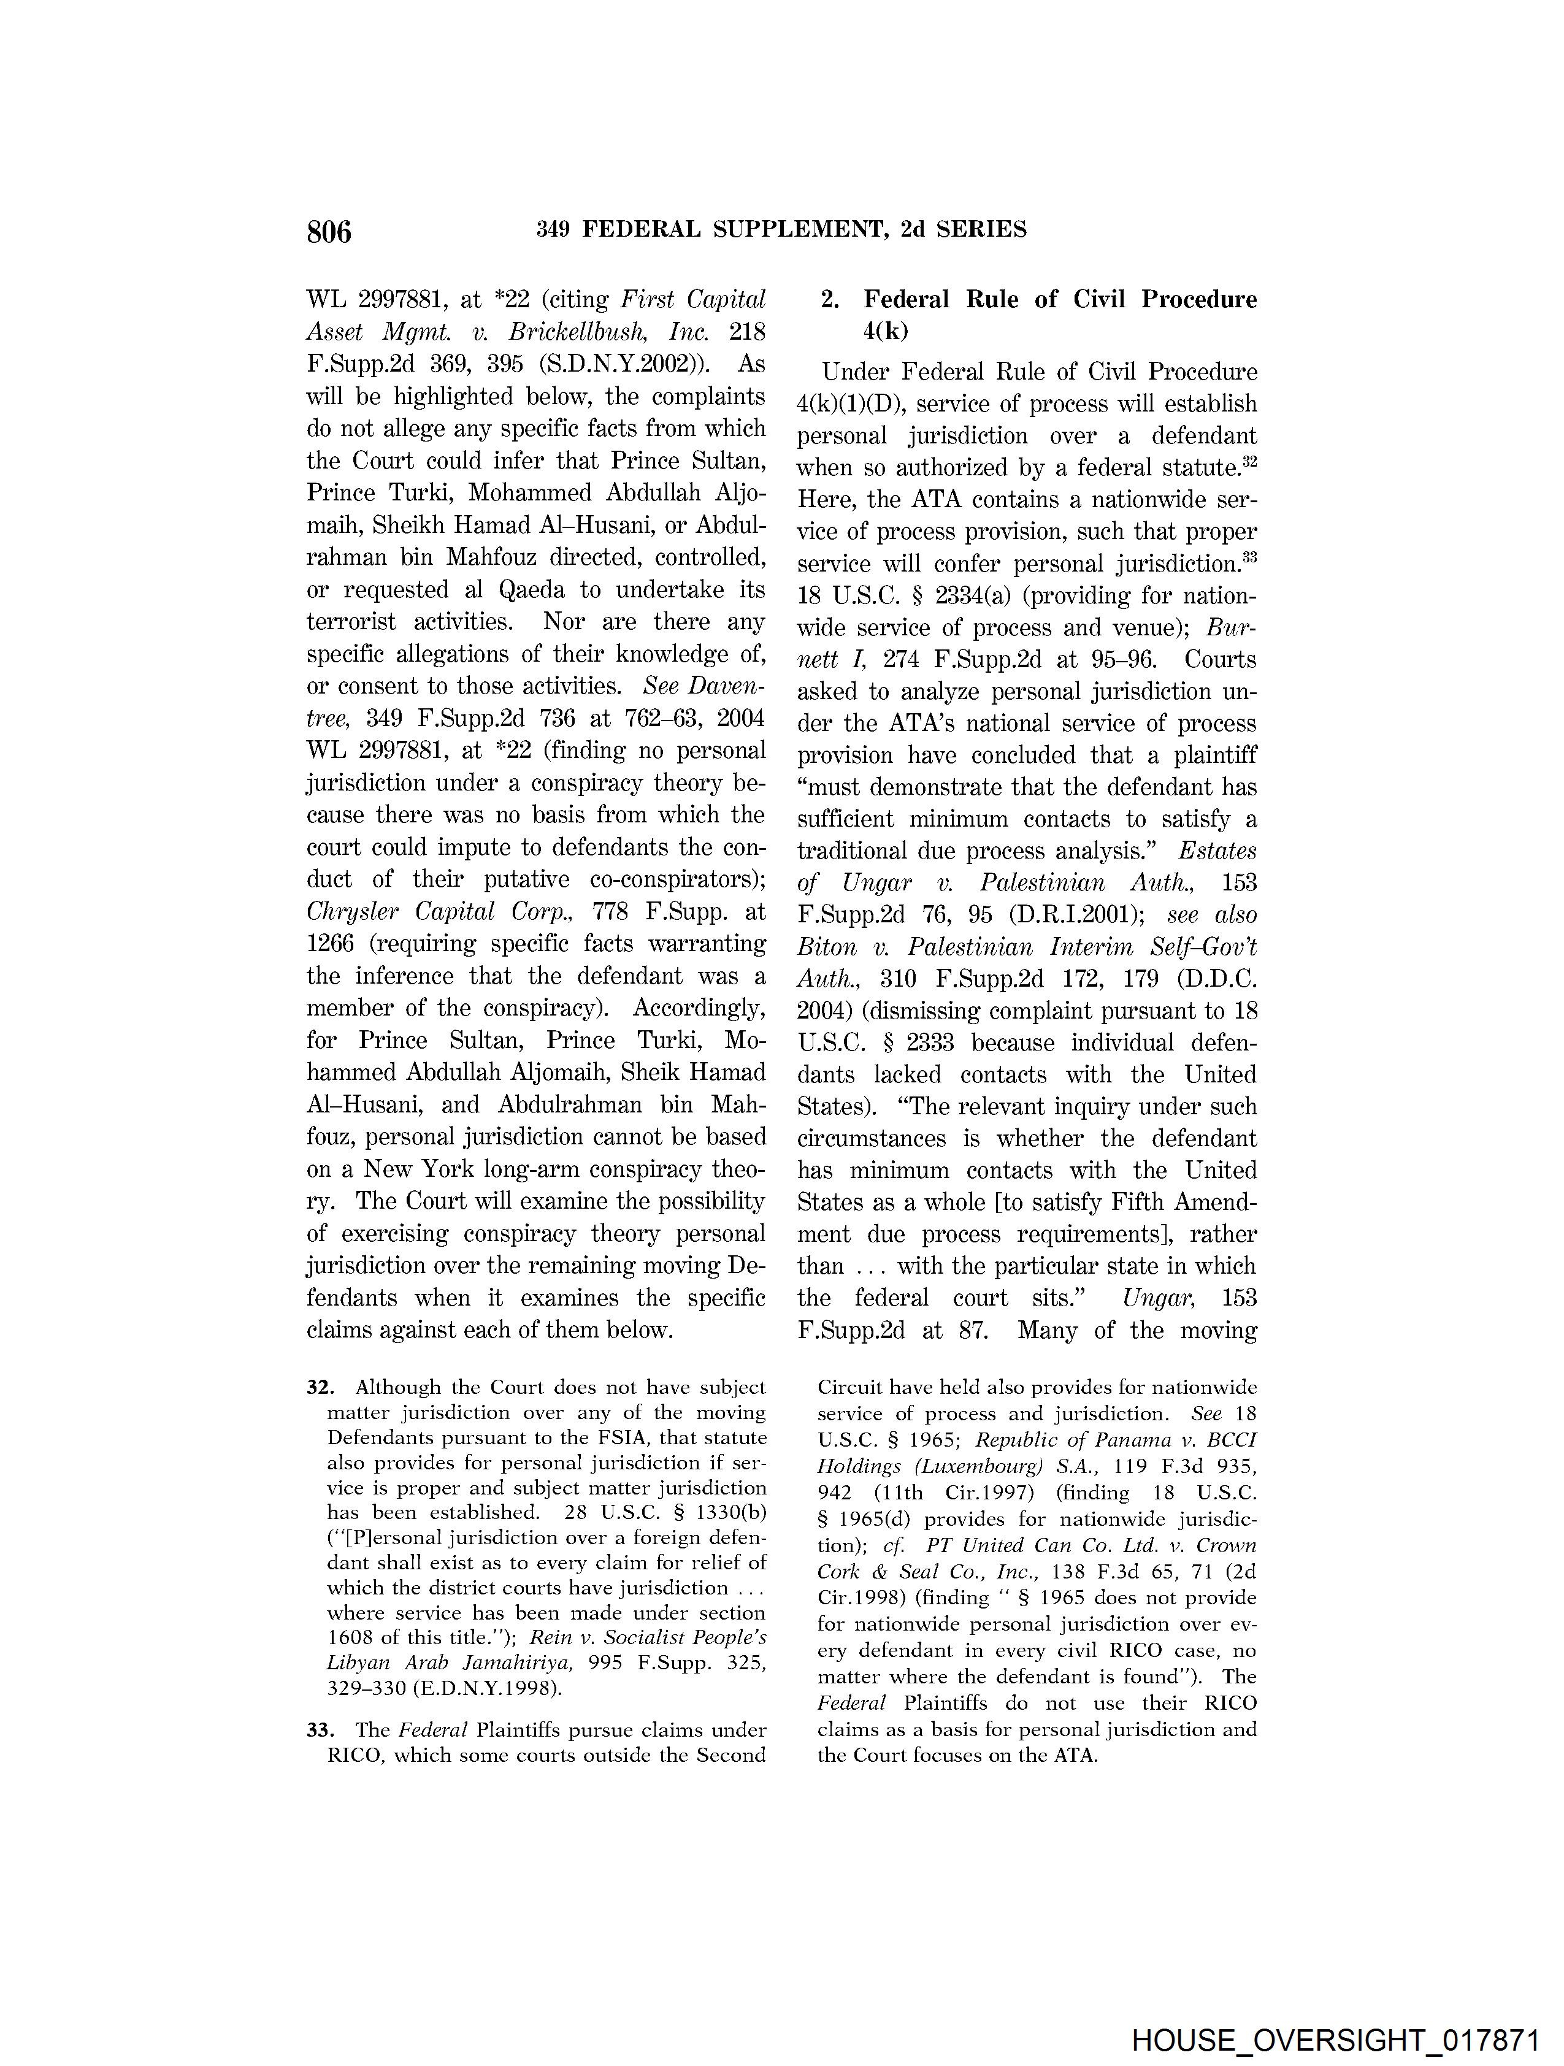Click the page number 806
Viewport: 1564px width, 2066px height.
[x=329, y=231]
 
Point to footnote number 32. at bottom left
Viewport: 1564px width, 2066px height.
[x=320, y=1388]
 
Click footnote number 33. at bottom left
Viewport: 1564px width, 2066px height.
[x=320, y=1730]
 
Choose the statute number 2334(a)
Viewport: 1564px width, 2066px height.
[x=953, y=596]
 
